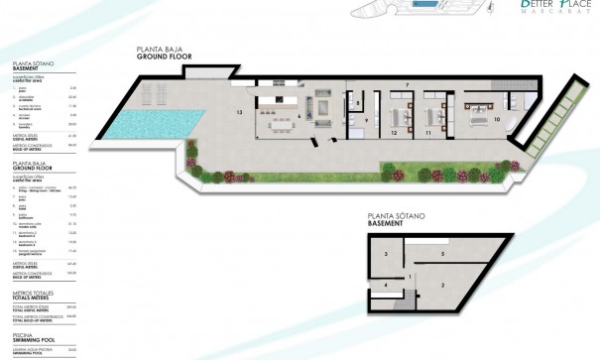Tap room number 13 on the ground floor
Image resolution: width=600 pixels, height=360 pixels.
pyautogui.click(x=240, y=113)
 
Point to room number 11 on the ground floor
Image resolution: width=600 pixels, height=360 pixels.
pyautogui.click(x=429, y=131)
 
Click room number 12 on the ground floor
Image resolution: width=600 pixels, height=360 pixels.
pyautogui.click(x=394, y=131)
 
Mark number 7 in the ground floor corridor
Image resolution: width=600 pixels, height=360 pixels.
pyautogui.click(x=408, y=87)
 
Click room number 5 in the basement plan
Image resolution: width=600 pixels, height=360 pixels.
pyautogui.click(x=443, y=254)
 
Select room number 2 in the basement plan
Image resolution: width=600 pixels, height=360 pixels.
pyautogui.click(x=441, y=286)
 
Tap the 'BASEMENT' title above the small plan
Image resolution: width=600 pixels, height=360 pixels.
pyautogui.click(x=385, y=224)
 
